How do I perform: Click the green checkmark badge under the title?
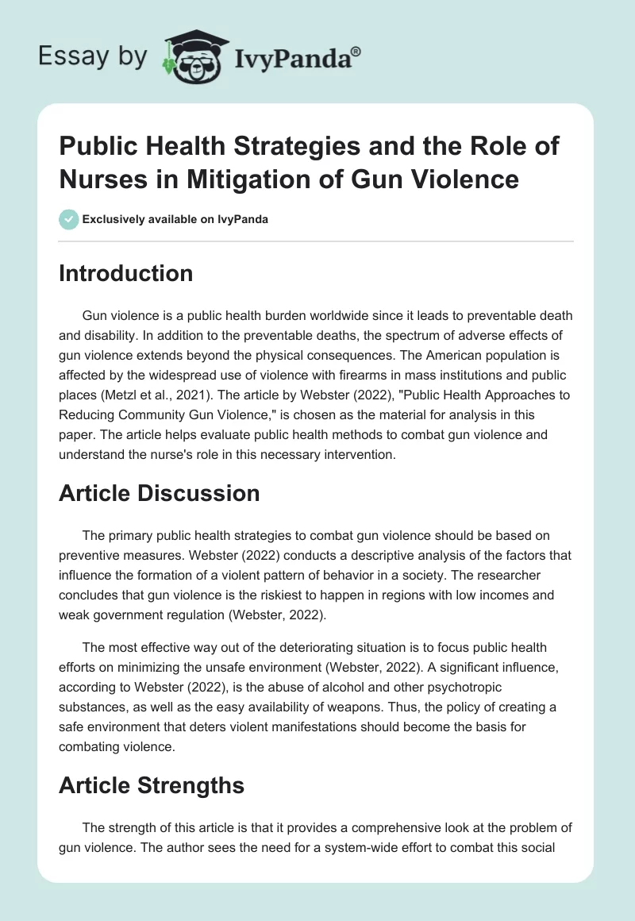point(69,219)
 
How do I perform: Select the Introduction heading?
point(126,273)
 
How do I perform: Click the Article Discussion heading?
point(160,493)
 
